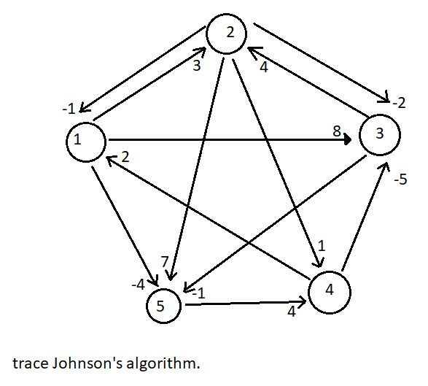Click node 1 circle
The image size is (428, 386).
(x=86, y=140)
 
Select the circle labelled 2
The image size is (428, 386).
(x=228, y=34)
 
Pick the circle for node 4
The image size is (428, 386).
(x=330, y=291)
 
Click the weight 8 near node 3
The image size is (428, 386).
(x=337, y=131)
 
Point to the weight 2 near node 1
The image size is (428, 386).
(x=125, y=157)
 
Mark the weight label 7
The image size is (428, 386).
(x=166, y=261)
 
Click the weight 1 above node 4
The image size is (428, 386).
(x=320, y=244)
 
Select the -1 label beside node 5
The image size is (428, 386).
(x=200, y=292)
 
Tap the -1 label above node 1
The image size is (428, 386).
(x=70, y=109)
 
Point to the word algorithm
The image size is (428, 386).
(x=160, y=363)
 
